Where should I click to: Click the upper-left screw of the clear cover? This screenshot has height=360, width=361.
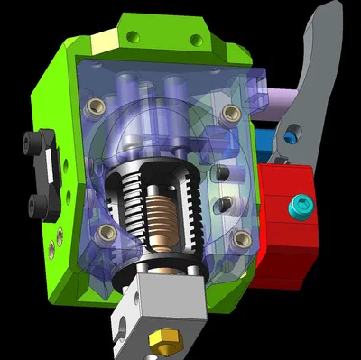pos(90,109)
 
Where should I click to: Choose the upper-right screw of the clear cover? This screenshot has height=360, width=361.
pos(231,113)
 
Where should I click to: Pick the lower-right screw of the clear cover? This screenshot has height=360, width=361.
pos(241,238)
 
